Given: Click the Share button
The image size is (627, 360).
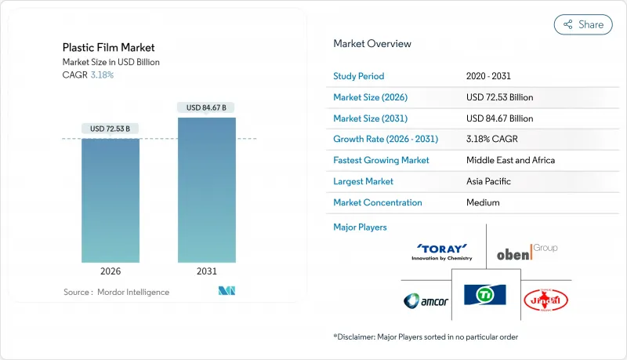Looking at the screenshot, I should click(583, 24).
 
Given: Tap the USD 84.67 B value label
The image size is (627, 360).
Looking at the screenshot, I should click(207, 107).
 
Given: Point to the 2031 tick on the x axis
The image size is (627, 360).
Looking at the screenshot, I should click(207, 271).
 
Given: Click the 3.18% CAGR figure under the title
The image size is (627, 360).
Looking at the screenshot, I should click(102, 75).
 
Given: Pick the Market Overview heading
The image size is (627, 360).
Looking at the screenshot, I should click(372, 43).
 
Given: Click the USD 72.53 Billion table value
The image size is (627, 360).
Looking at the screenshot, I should click(499, 97).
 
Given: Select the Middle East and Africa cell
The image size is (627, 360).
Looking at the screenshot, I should click(510, 160).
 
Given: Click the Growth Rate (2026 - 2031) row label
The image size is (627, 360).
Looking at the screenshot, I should click(386, 139).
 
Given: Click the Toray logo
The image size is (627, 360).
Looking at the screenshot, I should click(444, 251).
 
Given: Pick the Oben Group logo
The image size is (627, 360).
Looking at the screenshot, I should click(527, 251).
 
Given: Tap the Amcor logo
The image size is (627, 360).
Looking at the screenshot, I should click(426, 300).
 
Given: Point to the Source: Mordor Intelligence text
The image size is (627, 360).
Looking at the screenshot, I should click(116, 292).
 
